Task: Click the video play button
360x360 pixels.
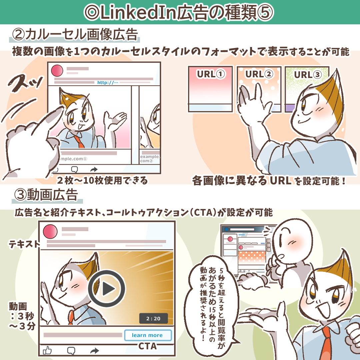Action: [x=107, y=289]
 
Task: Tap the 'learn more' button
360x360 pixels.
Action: [x=148, y=335]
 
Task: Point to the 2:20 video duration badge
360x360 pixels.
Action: [x=153, y=318]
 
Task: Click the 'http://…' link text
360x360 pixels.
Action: [x=107, y=82]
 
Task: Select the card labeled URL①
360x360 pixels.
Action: [x=210, y=89]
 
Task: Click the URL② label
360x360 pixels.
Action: [x=259, y=74]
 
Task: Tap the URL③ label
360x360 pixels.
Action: [x=308, y=75]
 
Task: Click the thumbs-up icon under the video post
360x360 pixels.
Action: [x=47, y=350]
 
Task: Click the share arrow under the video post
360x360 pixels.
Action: [x=94, y=351]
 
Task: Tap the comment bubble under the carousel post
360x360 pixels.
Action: [x=75, y=170]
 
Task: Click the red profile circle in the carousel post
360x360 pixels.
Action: [x=57, y=70]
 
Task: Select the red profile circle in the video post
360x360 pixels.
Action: [x=50, y=232]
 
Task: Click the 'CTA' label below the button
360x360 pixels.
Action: [x=148, y=346]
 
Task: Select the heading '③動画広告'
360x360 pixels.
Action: [x=46, y=195]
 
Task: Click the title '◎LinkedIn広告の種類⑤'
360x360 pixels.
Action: [x=179, y=12]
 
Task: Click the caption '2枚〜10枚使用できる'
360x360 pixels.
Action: [x=102, y=180]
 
